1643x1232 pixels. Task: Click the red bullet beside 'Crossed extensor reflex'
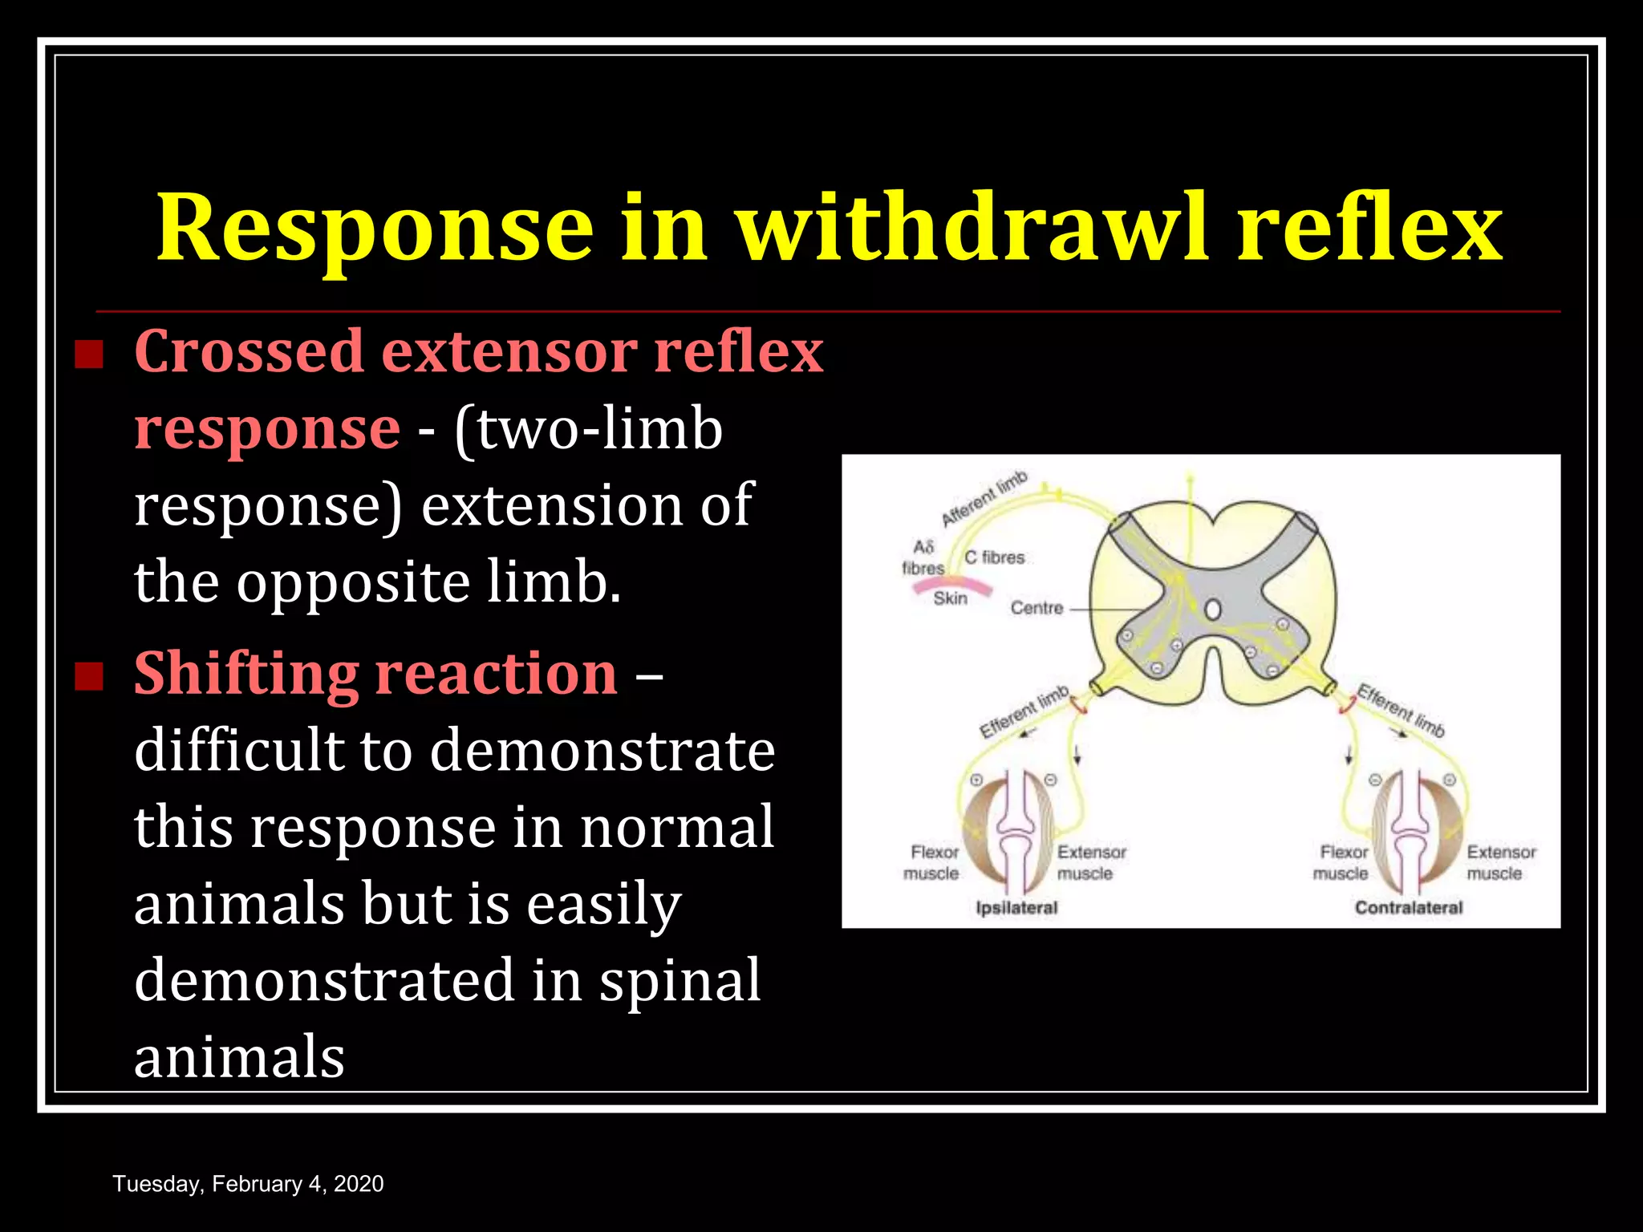point(89,354)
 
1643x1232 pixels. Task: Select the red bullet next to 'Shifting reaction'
point(89,675)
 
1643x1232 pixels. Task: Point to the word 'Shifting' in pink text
point(245,674)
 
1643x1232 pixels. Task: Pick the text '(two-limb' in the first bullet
point(588,429)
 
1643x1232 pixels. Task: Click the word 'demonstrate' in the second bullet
point(602,751)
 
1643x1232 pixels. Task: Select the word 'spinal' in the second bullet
point(680,980)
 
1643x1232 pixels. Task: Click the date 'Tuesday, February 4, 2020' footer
point(248,1184)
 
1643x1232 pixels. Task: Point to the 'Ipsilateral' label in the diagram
point(1016,908)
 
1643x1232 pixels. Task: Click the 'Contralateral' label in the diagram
point(1409,908)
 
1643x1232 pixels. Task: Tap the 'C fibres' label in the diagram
point(994,557)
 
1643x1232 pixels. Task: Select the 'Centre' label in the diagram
point(1037,608)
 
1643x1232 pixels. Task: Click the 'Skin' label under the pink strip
point(950,598)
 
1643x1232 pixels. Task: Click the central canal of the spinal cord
point(1213,610)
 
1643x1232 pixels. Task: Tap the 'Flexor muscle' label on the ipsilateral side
point(933,863)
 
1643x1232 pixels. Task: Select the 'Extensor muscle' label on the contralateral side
point(1500,863)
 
